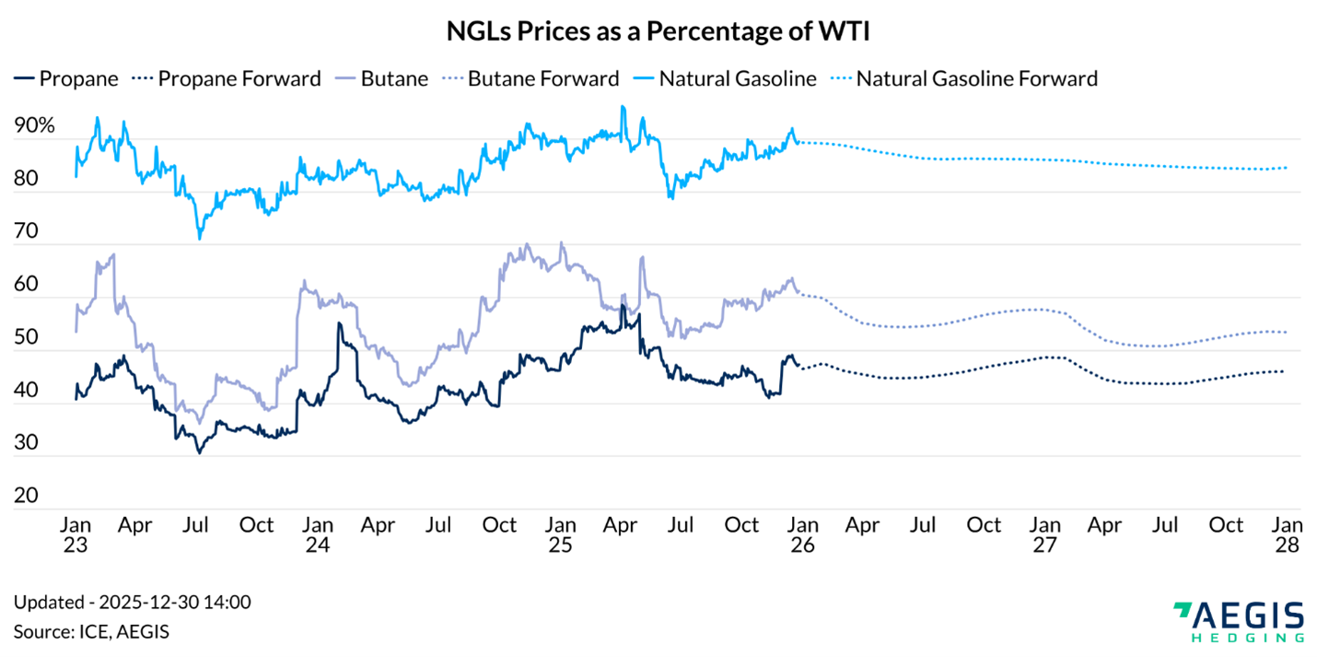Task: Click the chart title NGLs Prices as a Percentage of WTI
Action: pyautogui.click(x=658, y=32)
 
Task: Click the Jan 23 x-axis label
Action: pyautogui.click(x=76, y=535)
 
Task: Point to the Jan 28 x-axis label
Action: pyautogui.click(x=1288, y=535)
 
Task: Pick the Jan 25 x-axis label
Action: pyautogui.click(x=560, y=535)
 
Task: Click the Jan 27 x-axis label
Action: pyautogui.click(x=1045, y=535)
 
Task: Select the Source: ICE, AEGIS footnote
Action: pyautogui.click(x=91, y=632)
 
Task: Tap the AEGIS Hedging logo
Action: pyautogui.click(x=1238, y=619)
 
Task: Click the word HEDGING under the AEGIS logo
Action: pyautogui.click(x=1247, y=637)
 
